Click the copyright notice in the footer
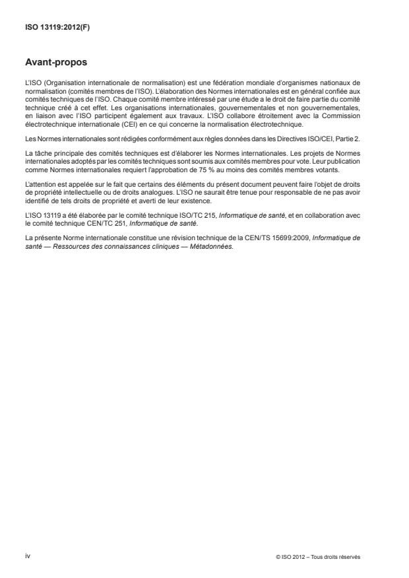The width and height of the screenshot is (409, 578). (x=319, y=557)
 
